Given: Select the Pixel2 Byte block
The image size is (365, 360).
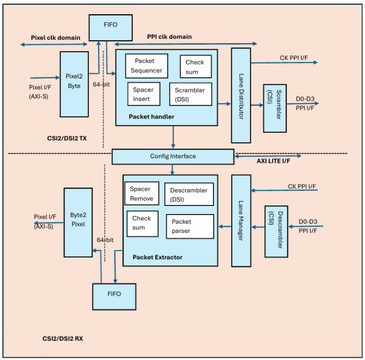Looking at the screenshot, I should coord(74,84).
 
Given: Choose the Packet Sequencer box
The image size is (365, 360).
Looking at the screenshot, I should coord(146,66).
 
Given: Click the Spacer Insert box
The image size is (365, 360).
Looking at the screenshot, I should coord(143,94).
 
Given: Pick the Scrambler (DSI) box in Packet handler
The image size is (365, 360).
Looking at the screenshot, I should coord(190,94).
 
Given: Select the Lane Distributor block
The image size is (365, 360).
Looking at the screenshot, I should coord(241,96).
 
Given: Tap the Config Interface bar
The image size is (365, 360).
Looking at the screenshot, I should coord(172,156).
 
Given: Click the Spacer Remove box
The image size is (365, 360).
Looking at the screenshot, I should coord(141,193).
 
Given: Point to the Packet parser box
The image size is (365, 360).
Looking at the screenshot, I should coord(190,226).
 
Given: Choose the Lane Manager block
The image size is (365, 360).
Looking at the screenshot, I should coord(241,220).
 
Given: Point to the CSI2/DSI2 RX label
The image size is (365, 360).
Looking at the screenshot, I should coord(63,338).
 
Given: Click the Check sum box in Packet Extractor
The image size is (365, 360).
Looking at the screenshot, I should coord(142,223).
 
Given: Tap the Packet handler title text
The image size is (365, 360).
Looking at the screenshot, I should coord(151,117).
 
